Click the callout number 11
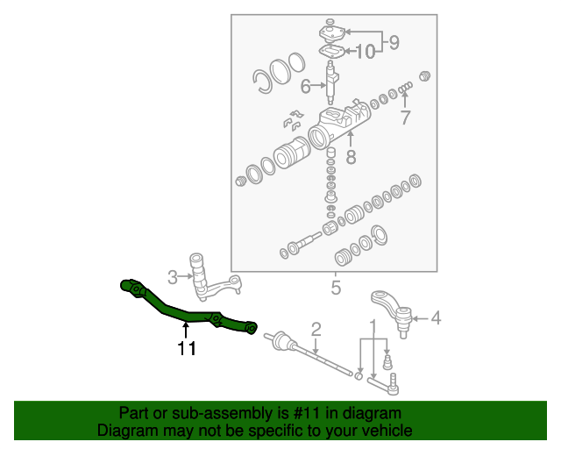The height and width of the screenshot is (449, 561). pyautogui.click(x=186, y=349)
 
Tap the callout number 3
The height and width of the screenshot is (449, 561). pyautogui.click(x=173, y=277)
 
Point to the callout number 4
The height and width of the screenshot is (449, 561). pyautogui.click(x=435, y=318)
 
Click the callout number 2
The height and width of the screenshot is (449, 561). pyautogui.click(x=316, y=330)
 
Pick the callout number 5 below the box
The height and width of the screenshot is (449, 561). pyautogui.click(x=335, y=287)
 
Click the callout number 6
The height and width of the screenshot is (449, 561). pyautogui.click(x=305, y=86)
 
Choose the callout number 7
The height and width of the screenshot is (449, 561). pyautogui.click(x=405, y=118)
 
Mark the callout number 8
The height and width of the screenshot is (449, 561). pyautogui.click(x=351, y=158)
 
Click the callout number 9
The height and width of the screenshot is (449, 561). pyautogui.click(x=394, y=40)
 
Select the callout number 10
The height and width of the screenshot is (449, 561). pyautogui.click(x=366, y=52)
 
